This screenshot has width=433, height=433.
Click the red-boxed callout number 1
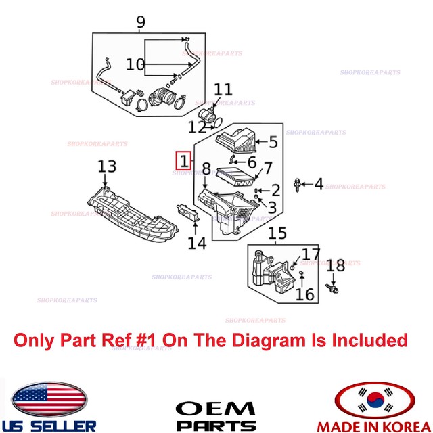pyautogui.click(x=182, y=160)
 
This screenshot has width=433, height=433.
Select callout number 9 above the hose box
pyautogui.click(x=141, y=23)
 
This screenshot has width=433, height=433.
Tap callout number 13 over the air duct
pyautogui.click(x=107, y=166)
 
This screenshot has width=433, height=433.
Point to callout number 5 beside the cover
pyautogui.click(x=273, y=142)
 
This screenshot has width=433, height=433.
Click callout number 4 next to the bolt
pyautogui.click(x=318, y=183)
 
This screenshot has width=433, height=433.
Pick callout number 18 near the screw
pyautogui.click(x=336, y=266)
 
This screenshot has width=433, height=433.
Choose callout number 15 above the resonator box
pyautogui.click(x=277, y=234)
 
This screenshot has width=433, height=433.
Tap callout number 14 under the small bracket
pyautogui.click(x=197, y=243)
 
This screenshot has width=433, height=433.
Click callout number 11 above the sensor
pyautogui.click(x=223, y=89)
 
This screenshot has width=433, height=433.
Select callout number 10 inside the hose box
pyautogui.click(x=135, y=65)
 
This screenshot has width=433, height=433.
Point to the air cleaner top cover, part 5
pyautogui.click(x=233, y=141)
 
